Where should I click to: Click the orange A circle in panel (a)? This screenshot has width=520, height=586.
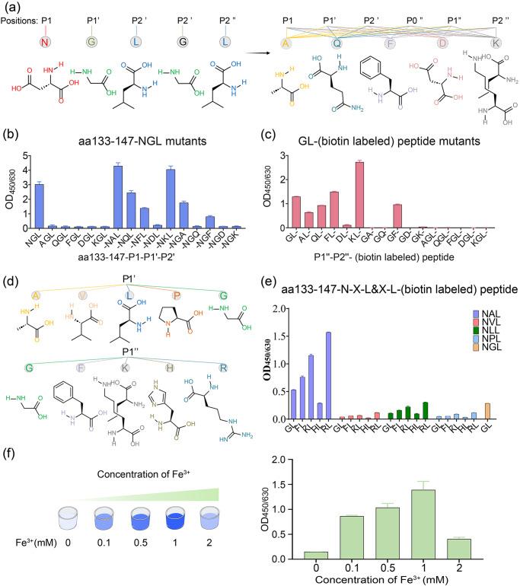point(286,43)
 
